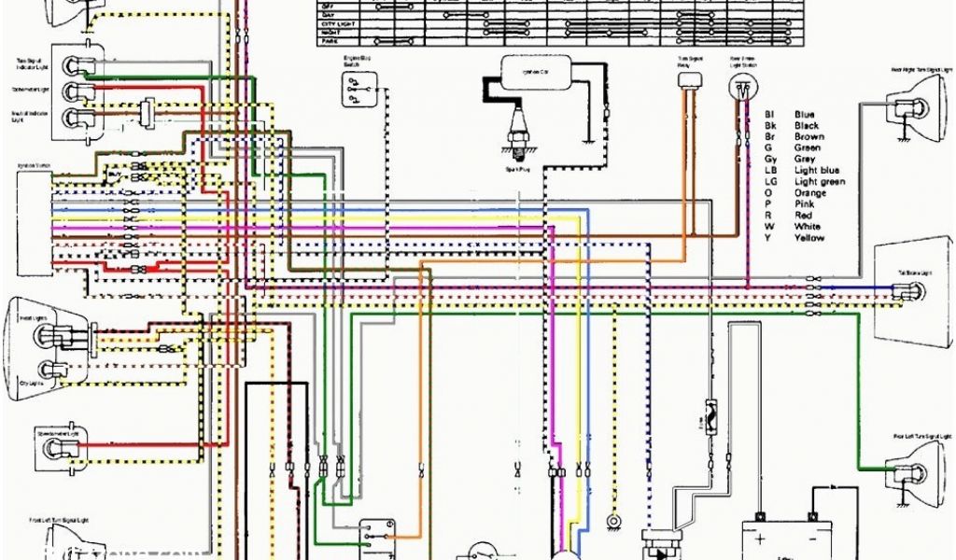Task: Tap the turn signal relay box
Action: (689, 81)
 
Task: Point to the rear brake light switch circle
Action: (741, 88)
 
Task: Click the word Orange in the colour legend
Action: (809, 193)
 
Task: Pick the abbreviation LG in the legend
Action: (770, 182)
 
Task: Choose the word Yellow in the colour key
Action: (809, 238)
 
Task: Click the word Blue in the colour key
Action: (804, 114)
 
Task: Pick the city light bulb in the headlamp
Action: (42, 368)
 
